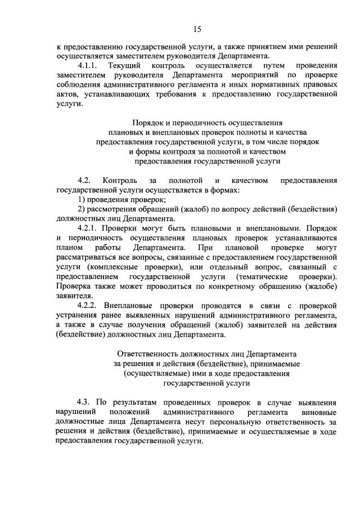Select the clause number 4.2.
84,181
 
